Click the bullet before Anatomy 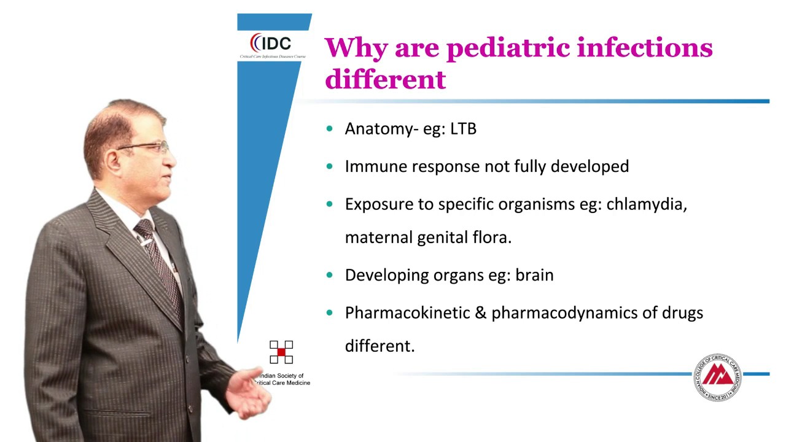[330, 129]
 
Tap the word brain [534, 275]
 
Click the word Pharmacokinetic [407, 313]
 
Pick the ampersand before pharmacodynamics [481, 313]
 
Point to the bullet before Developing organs [330, 275]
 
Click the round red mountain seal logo [717, 377]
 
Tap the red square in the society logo [281, 352]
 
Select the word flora [492, 238]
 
